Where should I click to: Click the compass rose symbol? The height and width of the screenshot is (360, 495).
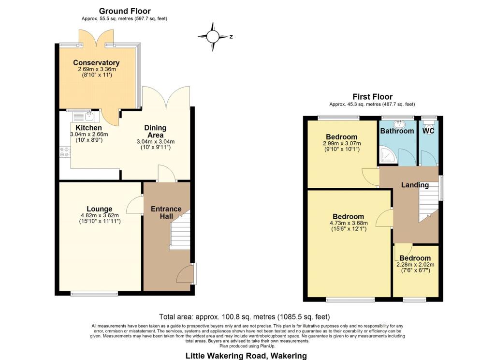[x=213, y=37]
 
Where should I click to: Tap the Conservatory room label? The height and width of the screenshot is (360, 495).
[x=96, y=62]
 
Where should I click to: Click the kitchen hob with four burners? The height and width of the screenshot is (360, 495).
[x=65, y=152]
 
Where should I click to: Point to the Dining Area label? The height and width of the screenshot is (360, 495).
[x=155, y=132]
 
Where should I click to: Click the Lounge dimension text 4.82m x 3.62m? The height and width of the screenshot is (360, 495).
[x=100, y=215]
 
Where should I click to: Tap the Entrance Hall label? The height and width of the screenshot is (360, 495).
[x=166, y=213]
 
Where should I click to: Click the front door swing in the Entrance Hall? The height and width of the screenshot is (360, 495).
[x=185, y=274]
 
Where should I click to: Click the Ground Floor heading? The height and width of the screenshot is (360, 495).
[x=125, y=12]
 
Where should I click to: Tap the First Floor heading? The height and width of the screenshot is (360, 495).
[x=373, y=97]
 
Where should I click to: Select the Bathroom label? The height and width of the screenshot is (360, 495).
[x=397, y=131]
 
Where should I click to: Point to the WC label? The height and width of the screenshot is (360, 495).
[x=428, y=131]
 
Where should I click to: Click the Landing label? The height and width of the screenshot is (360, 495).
[x=415, y=185]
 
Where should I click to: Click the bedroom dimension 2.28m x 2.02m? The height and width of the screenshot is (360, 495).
[x=415, y=265]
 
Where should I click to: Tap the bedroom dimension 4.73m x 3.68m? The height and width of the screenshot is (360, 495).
[x=349, y=223]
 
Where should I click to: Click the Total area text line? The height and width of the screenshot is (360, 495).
[x=244, y=317]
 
